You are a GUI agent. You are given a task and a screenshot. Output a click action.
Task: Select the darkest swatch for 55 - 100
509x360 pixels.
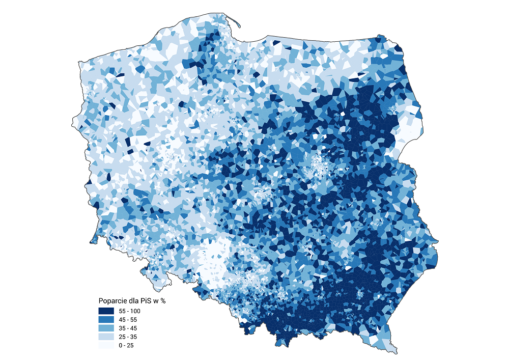[x=106, y=311]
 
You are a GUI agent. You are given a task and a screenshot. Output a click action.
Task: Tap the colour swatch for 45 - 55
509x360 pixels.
[x=106, y=319]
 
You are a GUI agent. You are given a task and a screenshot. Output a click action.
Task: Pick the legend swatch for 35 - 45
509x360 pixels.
[x=106, y=328]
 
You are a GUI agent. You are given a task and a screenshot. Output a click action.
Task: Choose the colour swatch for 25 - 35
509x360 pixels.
[x=106, y=337]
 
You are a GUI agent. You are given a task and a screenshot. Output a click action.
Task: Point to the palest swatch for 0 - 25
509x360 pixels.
[x=106, y=345]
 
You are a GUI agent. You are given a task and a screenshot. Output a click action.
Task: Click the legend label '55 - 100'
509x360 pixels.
[x=129, y=311]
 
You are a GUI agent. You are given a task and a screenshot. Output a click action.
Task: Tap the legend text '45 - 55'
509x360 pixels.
[x=127, y=319]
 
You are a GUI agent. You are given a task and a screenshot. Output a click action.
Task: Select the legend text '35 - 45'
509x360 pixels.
[x=127, y=328]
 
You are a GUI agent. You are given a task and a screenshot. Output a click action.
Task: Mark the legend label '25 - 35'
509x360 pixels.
[x=127, y=337]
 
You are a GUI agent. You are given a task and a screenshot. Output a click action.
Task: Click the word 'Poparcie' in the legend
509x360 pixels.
[x=111, y=300]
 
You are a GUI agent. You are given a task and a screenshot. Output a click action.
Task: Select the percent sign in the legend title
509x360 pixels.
[x=163, y=300]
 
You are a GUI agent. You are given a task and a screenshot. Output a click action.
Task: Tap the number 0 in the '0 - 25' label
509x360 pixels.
[x=121, y=345]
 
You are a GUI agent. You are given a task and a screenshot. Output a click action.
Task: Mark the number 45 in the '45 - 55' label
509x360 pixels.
[x=122, y=319]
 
